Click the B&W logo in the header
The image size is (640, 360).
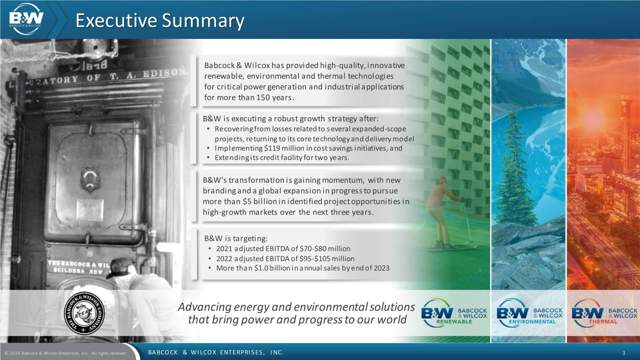coord(26,19)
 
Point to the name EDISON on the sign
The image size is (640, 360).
coord(165,73)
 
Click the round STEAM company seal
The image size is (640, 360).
coord(84,313)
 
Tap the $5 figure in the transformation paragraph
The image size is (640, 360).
coord(247,202)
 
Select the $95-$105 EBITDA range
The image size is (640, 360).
coord(315,259)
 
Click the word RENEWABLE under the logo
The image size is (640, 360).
coord(454,322)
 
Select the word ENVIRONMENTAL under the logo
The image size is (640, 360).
coord(532,322)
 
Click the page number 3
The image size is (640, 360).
coord(632,353)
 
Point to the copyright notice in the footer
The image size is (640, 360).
coord(66,353)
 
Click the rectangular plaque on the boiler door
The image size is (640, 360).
coord(90,210)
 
